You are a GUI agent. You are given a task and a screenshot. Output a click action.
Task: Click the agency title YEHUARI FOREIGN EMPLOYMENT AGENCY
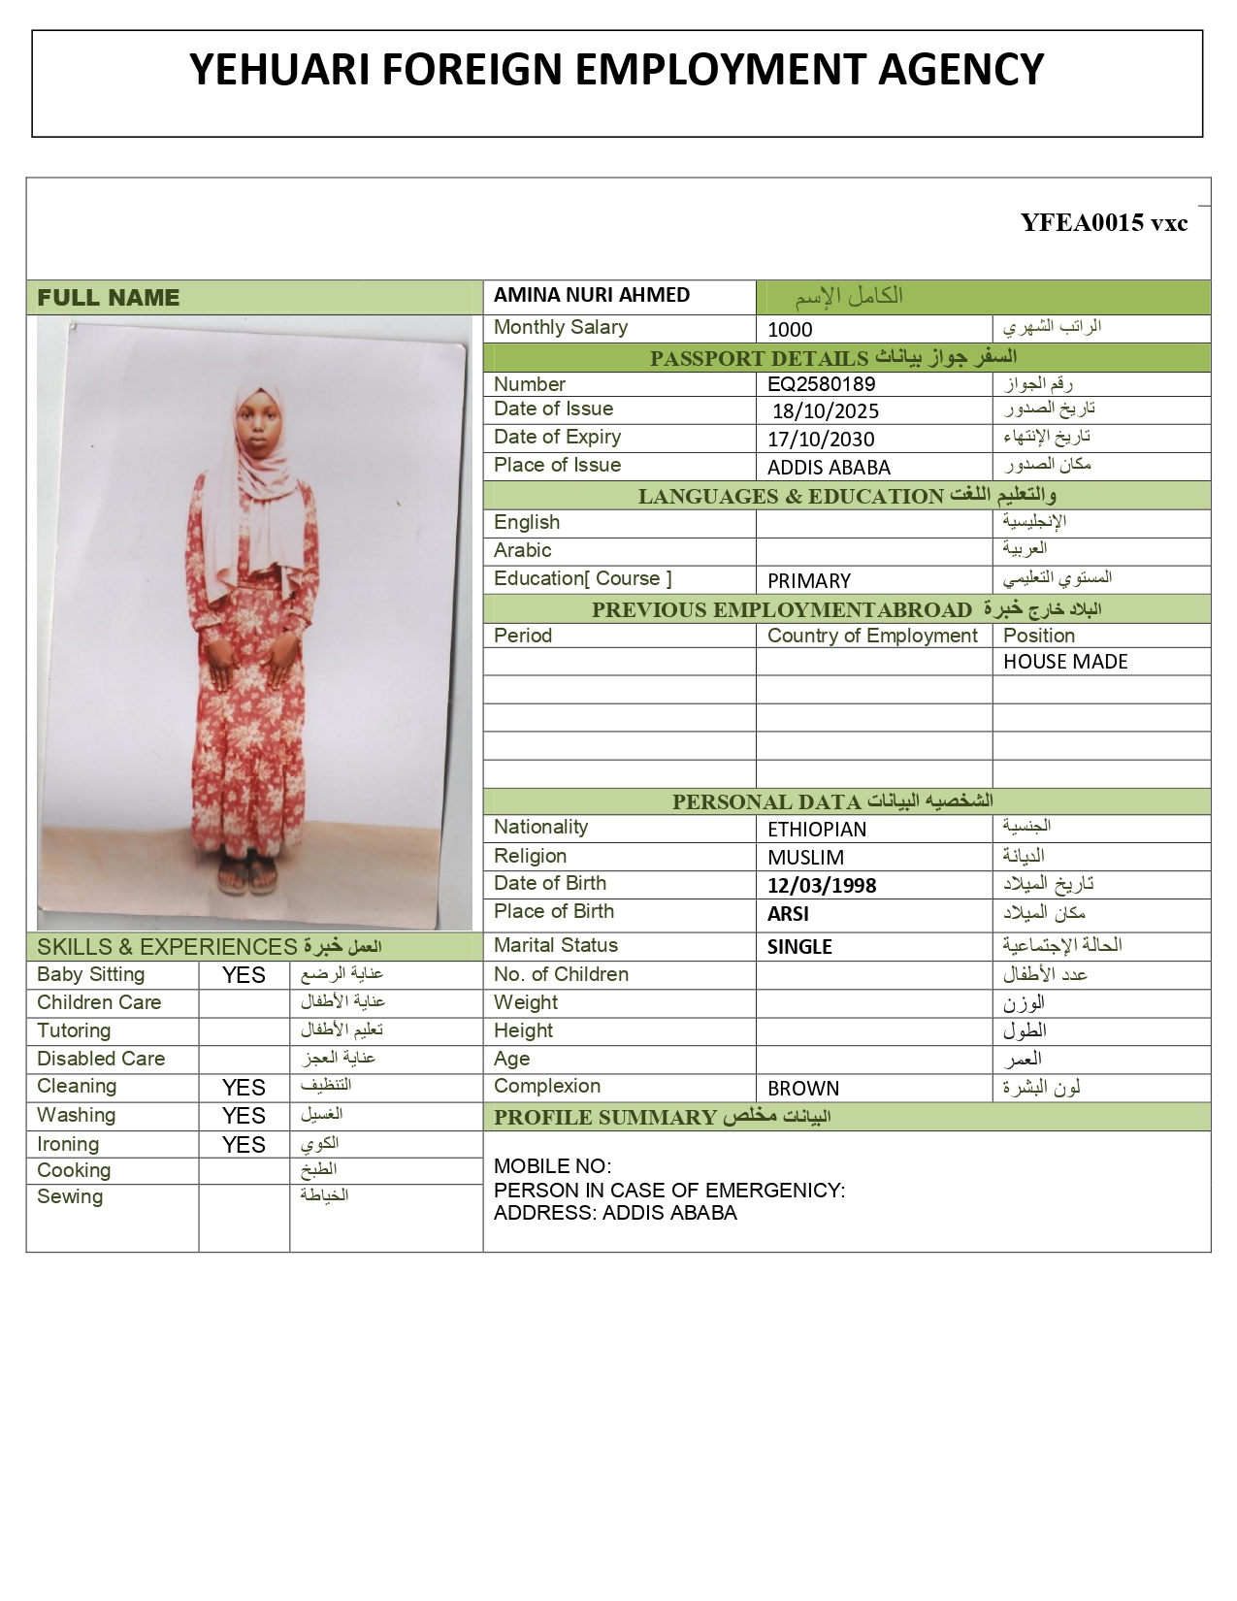coord(616,70)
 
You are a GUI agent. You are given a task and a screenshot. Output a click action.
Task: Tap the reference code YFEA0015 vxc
coord(1103,223)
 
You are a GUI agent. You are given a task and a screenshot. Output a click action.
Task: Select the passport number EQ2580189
coord(821,384)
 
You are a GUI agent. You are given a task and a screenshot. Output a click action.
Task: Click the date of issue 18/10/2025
coord(826,411)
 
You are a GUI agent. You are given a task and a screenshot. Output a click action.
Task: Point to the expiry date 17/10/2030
coord(821,440)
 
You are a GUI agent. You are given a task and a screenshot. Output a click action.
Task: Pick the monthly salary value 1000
coord(790,330)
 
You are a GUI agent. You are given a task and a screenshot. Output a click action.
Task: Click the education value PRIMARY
coord(808,581)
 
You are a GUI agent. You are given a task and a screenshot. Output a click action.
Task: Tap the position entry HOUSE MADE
coord(1064,662)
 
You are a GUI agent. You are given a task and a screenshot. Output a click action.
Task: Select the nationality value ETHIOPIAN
coord(816,830)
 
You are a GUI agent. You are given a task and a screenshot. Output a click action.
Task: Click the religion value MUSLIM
coord(805,858)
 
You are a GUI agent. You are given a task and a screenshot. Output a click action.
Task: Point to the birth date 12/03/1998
coord(821,886)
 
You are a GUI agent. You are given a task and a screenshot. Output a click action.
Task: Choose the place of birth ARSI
coord(788,914)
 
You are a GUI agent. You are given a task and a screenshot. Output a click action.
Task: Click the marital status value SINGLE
coord(799,947)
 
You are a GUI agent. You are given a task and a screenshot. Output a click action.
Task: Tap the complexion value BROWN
coord(802,1089)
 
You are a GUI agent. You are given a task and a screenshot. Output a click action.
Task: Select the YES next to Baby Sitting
coord(244,976)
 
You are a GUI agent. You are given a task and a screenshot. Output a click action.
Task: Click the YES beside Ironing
coord(244,1146)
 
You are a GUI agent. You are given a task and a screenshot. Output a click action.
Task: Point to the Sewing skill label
coord(70,1197)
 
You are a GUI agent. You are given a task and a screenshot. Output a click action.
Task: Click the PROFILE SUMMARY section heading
coord(604,1118)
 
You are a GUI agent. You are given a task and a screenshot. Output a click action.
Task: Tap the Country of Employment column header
coord(872,637)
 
